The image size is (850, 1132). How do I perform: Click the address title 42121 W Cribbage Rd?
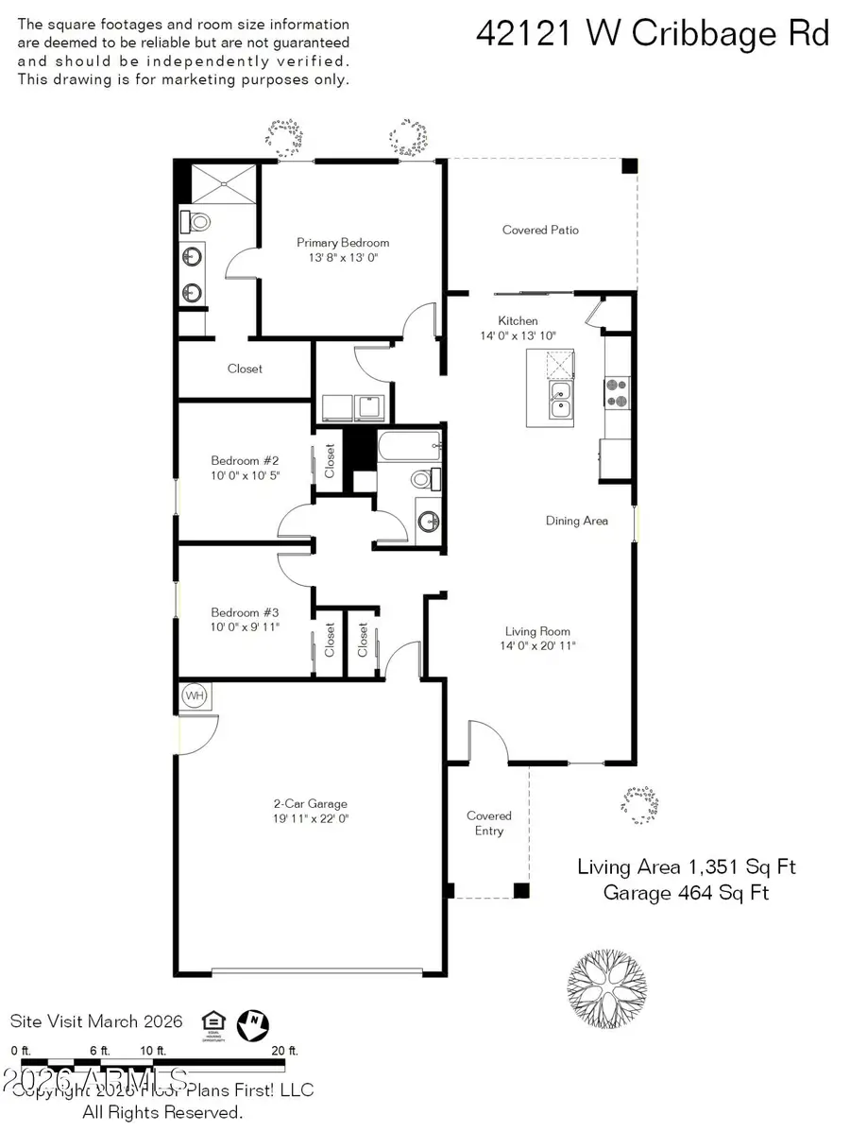click(653, 34)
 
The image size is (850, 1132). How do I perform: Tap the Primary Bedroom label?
click(342, 243)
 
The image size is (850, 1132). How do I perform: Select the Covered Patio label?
click(540, 230)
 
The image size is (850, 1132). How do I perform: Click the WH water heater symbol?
click(195, 696)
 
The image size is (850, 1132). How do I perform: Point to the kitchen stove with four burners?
click(617, 392)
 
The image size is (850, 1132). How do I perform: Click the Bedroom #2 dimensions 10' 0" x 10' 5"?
click(245, 475)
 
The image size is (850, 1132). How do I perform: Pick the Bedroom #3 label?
click(245, 611)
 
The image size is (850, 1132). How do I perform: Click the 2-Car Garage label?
click(312, 804)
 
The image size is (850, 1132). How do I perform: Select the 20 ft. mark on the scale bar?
click(284, 1051)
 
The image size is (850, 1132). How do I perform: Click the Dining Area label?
click(576, 521)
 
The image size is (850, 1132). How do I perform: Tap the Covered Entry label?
click(489, 823)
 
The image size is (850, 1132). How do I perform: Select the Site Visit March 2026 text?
click(96, 1021)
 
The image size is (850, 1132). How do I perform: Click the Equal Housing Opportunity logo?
click(214, 1022)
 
